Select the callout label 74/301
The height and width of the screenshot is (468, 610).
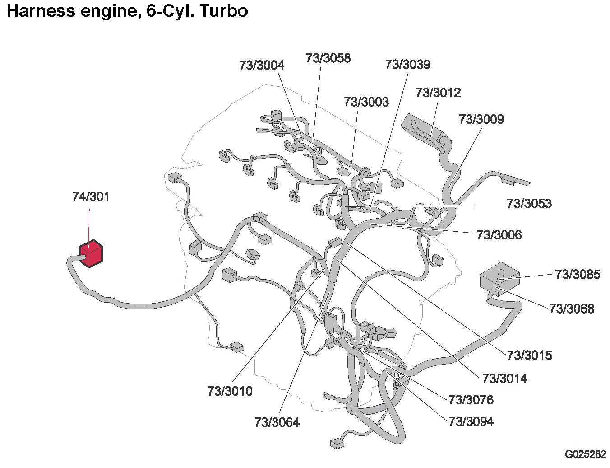coord(91,197)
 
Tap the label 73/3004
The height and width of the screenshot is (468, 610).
coord(262,65)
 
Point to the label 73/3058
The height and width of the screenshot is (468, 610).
coord(328,58)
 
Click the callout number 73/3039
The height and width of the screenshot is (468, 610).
coord(408,65)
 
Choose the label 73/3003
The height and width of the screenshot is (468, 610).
coord(366,102)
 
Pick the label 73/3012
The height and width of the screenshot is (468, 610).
coord(438,93)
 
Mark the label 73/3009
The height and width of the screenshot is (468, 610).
coord(481,119)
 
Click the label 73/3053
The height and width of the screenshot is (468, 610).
coord(529,204)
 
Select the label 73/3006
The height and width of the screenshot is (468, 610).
coord(499,235)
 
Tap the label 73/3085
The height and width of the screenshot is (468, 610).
coord(578,275)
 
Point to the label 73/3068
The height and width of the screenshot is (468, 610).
coord(572,309)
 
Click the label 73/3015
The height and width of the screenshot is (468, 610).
coord(530,356)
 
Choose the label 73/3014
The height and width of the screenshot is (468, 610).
coord(505,379)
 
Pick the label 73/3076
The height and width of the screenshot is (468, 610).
coord(471,400)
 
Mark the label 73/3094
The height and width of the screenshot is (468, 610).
coord(471,422)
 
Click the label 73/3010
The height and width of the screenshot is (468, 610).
coord(230,391)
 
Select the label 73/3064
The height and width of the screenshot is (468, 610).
coord(277,423)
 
